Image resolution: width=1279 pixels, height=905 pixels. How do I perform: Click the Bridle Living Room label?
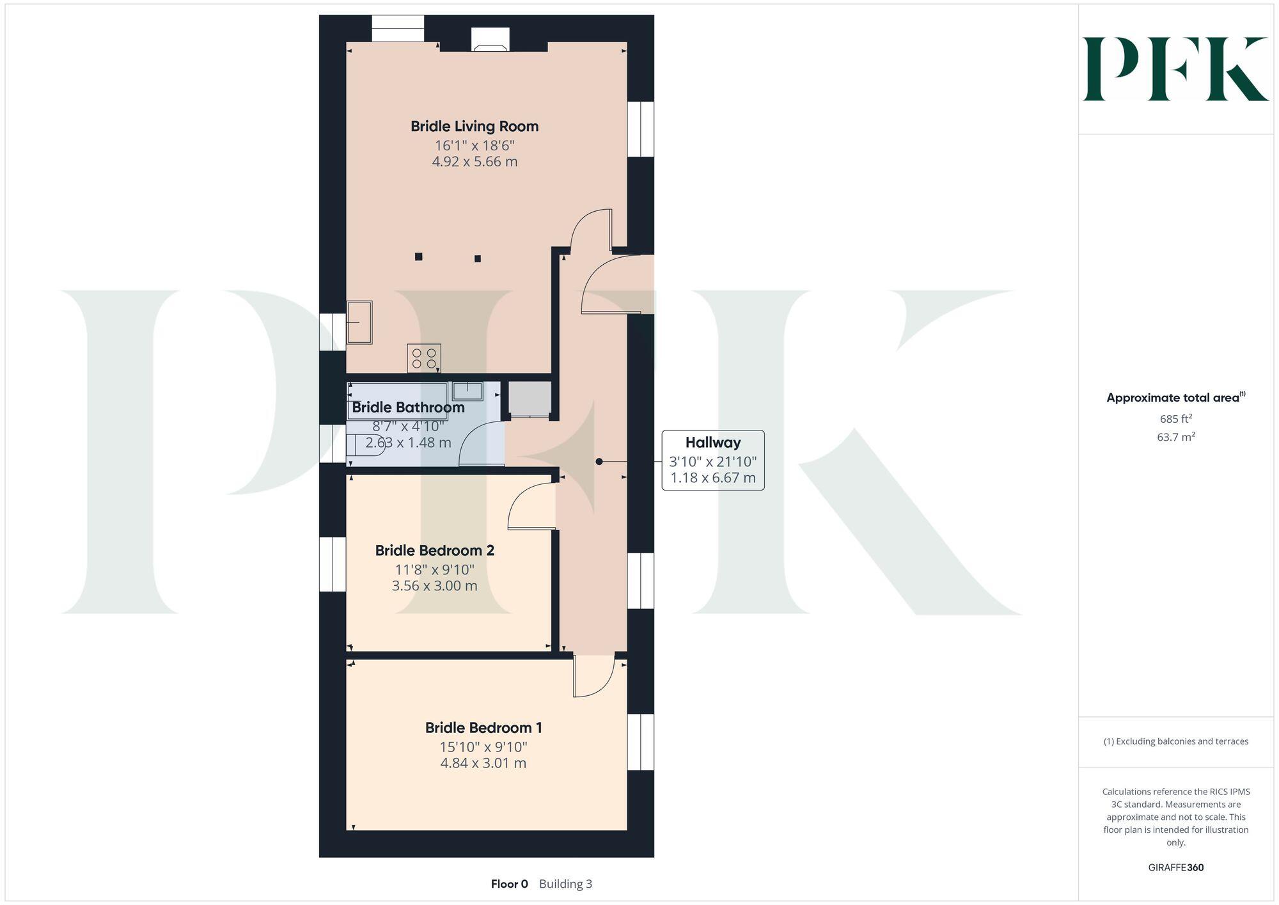click(x=474, y=126)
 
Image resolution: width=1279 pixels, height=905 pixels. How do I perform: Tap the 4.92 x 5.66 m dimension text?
click(x=474, y=162)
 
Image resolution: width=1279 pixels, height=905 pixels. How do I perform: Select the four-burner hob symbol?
click(x=423, y=358)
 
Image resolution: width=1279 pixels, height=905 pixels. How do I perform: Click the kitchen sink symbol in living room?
click(x=359, y=322)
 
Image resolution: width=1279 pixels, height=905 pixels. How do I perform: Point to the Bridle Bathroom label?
click(x=408, y=407)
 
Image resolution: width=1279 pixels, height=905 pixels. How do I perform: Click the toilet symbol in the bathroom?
click(x=365, y=445)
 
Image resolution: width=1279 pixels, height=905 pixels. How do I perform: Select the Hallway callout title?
click(x=712, y=443)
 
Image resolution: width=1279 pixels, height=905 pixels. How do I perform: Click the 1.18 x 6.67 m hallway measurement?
click(x=712, y=478)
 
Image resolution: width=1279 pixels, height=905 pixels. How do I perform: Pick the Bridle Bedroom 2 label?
click(x=434, y=550)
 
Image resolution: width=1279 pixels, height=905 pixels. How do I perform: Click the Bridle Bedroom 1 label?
click(x=483, y=727)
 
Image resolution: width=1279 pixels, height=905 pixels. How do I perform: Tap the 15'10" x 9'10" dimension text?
click(x=483, y=746)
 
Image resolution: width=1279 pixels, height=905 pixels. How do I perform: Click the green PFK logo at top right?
click(x=1175, y=69)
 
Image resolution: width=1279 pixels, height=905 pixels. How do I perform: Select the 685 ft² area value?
click(x=1175, y=420)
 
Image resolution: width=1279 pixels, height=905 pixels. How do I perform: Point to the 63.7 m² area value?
click(x=1175, y=437)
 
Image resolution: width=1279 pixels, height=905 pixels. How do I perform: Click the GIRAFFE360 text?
click(x=1175, y=868)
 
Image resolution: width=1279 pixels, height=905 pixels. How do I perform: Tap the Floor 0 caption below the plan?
click(x=509, y=884)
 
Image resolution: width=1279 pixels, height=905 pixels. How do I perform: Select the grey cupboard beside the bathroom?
click(x=530, y=398)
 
